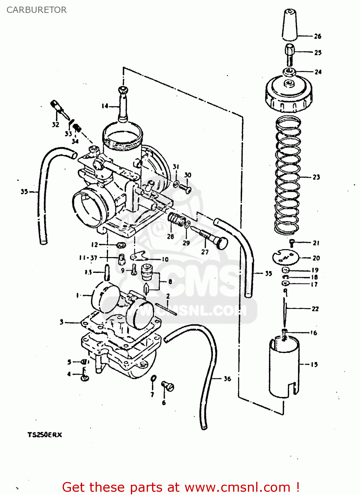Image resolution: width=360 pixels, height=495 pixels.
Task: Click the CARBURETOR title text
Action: [37, 10]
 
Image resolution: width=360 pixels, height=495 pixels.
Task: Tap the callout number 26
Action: [317, 36]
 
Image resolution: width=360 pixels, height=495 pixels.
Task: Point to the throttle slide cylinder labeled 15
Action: [284, 366]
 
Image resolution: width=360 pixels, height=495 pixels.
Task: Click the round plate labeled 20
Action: [285, 257]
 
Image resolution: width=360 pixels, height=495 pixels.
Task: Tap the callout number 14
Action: [105, 106]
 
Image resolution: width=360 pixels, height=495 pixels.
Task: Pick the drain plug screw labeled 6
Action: [167, 386]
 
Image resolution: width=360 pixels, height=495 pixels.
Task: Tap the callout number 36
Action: [227, 379]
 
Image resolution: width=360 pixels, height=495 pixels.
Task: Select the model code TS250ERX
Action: [45, 435]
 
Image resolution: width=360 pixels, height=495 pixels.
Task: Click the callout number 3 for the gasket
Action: [62, 322]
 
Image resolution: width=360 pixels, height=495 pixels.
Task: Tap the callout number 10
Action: [165, 259]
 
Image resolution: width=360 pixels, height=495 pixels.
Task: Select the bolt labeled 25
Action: [289, 54]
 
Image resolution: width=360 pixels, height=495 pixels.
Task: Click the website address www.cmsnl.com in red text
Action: [237, 487]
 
